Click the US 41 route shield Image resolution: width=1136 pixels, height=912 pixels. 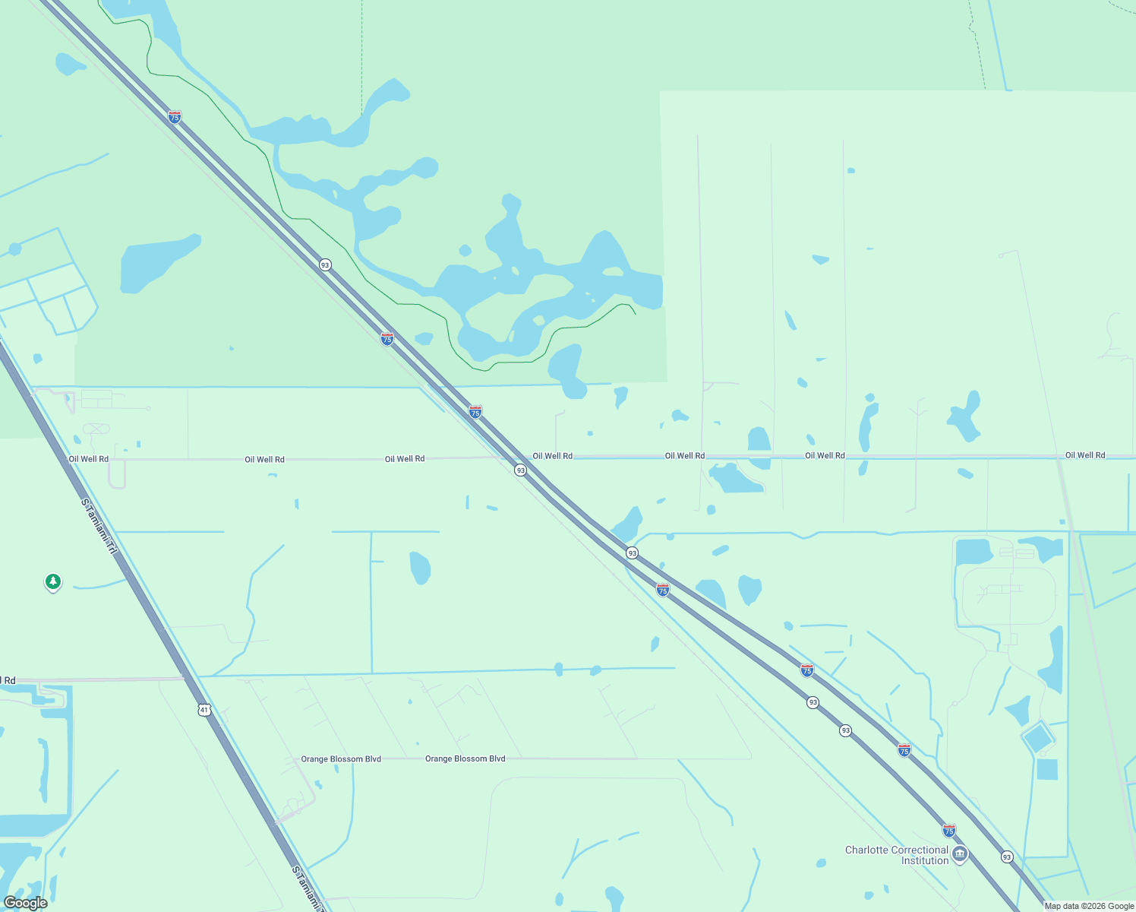[x=204, y=710]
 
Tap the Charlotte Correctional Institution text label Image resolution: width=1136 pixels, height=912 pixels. [x=897, y=855]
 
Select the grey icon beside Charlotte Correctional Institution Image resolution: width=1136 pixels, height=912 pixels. [x=960, y=854]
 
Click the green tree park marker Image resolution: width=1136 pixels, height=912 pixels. [x=52, y=582]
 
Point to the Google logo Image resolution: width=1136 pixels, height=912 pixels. [x=25, y=903]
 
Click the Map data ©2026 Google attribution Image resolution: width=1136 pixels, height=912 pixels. [x=1089, y=906]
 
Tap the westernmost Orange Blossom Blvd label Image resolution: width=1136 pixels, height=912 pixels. [x=341, y=759]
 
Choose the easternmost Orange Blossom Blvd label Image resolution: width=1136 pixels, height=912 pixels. [x=465, y=758]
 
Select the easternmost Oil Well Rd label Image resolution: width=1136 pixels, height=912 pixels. [x=1085, y=455]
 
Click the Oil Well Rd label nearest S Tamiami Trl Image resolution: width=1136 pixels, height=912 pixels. [x=89, y=459]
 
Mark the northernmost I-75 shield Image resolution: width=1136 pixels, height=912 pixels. [x=175, y=117]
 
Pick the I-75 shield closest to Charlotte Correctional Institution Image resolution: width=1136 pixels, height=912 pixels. [x=949, y=831]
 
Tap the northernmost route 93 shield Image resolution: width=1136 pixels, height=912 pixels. [x=325, y=264]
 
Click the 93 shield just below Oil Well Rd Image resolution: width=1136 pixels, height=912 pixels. [x=520, y=470]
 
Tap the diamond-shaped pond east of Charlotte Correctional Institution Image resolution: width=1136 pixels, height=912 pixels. [x=1037, y=738]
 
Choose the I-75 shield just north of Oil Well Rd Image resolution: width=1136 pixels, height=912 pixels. [x=475, y=412]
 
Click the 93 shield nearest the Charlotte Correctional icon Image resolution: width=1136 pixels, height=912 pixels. [x=1007, y=857]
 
